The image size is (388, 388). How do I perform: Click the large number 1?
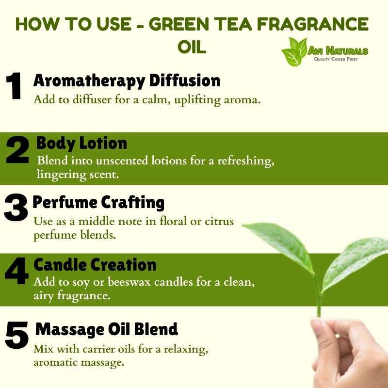[x=14, y=86]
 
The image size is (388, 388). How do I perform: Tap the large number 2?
[x=17, y=149]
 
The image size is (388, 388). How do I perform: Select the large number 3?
[x=16, y=208]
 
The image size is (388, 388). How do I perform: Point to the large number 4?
[x=17, y=271]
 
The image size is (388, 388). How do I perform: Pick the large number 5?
[x=17, y=335]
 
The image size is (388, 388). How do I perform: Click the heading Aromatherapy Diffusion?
[x=127, y=81]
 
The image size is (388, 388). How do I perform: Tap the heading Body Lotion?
[x=81, y=143]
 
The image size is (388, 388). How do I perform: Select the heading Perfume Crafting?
[x=98, y=203]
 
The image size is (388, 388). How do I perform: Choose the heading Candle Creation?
[x=95, y=265]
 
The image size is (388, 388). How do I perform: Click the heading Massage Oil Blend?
[x=107, y=329]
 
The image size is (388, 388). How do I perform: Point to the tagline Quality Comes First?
[x=336, y=59]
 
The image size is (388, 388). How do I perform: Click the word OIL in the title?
[x=192, y=47]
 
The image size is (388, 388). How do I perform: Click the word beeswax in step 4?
[x=129, y=282]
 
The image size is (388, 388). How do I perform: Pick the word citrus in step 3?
[x=219, y=221]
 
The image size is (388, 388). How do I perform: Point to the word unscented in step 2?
[x=122, y=161]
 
